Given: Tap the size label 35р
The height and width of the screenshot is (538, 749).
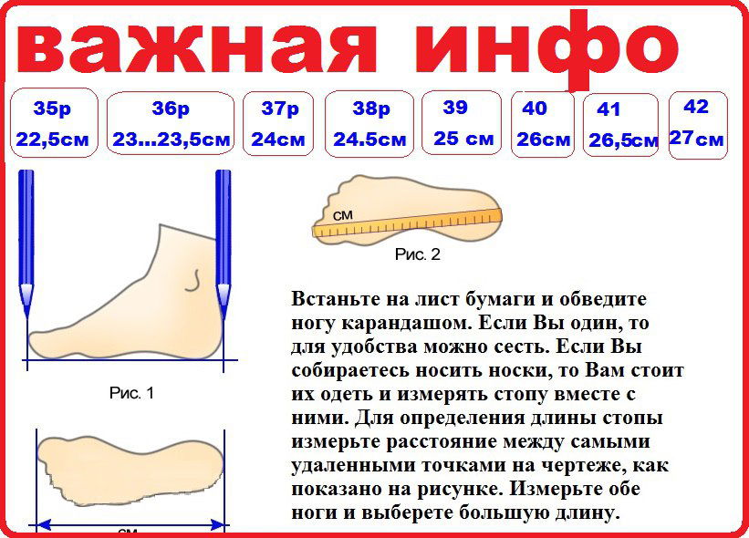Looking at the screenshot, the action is tap(53, 109).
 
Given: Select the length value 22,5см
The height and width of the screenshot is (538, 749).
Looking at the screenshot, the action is tap(53, 140).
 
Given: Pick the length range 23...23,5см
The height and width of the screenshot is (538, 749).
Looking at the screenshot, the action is tap(171, 140).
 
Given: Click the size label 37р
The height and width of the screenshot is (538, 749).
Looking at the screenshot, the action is tap(280, 109).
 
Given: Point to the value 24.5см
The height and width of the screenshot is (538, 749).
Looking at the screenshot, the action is tap(369, 140).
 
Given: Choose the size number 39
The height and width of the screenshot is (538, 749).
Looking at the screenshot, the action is tap(454, 108).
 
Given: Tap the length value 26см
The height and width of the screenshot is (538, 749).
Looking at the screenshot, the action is tap(543, 140).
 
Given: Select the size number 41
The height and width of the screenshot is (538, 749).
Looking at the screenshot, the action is tap(609, 109).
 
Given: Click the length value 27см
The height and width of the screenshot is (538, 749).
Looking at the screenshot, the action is tap(696, 139).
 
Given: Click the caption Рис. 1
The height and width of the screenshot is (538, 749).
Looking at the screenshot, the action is tap(131, 393).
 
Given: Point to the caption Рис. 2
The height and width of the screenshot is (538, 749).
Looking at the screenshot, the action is tap(417, 254).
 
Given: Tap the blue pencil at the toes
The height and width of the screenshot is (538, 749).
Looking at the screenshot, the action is tap(26, 243).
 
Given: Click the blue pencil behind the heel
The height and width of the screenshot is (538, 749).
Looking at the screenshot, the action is tap(224, 243).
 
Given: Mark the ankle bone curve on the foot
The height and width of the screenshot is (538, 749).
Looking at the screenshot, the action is tap(193, 281).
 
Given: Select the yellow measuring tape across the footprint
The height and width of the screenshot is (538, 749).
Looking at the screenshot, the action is tap(407, 222).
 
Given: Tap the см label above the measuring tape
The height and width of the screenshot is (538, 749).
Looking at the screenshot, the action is tap(342, 215).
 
